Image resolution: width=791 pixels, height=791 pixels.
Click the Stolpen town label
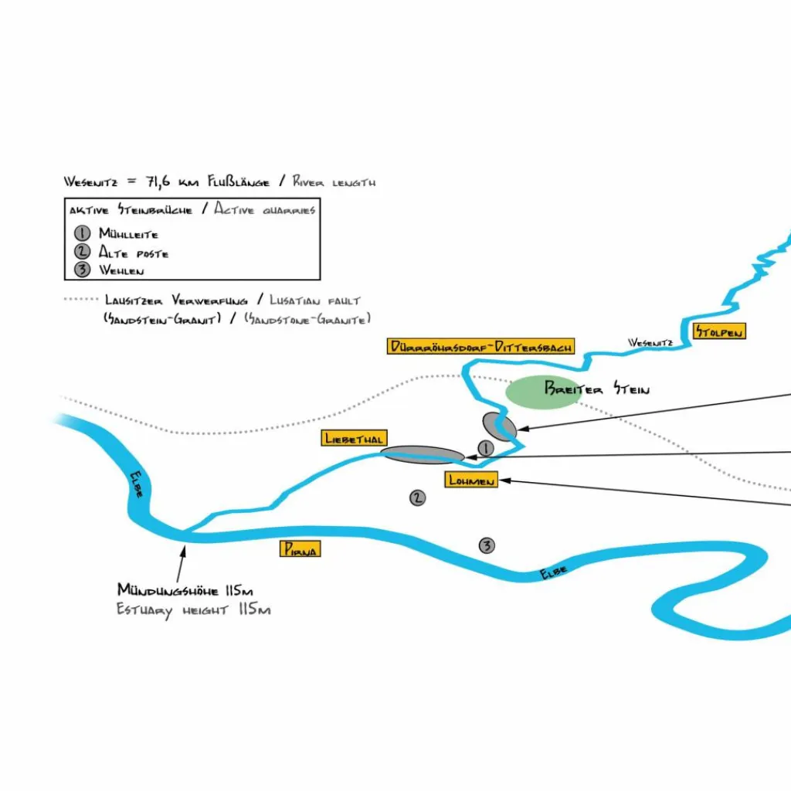(x=719, y=331)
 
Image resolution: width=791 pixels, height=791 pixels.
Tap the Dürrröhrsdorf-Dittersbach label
(x=480, y=347)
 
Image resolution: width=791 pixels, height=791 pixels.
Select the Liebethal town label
(x=355, y=439)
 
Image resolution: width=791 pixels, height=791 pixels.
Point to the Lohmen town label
(x=471, y=480)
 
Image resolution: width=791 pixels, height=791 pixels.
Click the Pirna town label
(x=300, y=549)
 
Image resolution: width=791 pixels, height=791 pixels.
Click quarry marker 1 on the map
(x=485, y=448)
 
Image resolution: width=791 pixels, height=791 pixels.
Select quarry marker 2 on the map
(x=418, y=497)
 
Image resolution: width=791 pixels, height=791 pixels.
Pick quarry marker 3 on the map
(x=487, y=546)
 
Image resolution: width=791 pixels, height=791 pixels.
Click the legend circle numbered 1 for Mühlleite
(x=83, y=233)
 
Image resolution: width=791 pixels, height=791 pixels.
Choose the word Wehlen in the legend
(x=121, y=270)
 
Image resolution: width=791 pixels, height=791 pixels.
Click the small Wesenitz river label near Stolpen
(x=651, y=341)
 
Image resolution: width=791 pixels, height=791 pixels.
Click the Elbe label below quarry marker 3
(x=553, y=572)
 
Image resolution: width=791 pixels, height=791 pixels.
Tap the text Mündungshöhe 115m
(x=185, y=591)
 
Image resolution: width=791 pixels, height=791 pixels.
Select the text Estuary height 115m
(x=193, y=610)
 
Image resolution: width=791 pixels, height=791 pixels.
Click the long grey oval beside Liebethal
(x=423, y=454)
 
